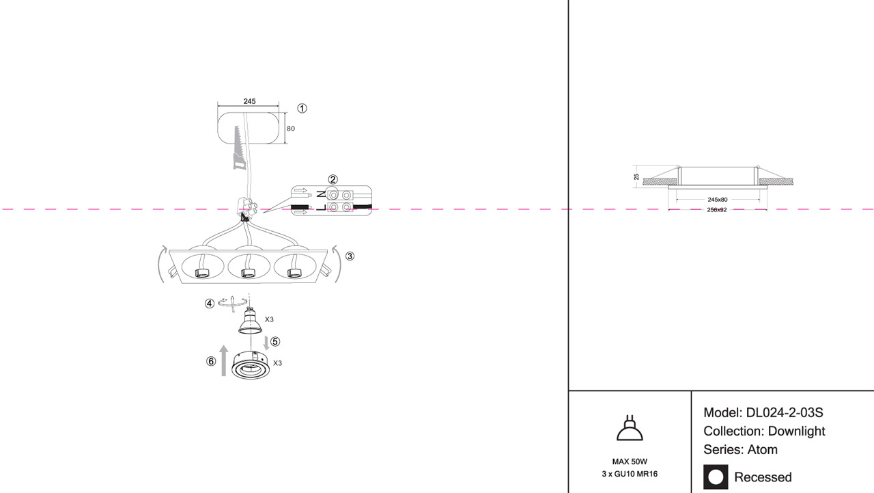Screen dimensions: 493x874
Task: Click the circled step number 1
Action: [302, 108]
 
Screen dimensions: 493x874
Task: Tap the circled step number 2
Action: [333, 180]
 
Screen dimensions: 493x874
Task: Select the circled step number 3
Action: [350, 256]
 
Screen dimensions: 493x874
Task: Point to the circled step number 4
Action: [210, 304]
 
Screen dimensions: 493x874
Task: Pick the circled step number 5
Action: [275, 341]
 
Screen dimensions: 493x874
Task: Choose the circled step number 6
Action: [211, 362]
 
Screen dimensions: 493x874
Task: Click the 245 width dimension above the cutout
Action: [249, 101]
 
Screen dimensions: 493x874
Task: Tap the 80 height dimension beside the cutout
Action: [291, 129]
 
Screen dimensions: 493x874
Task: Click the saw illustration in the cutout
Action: [238, 147]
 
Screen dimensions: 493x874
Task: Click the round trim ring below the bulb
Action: [251, 366]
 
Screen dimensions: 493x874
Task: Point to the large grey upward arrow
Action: [225, 360]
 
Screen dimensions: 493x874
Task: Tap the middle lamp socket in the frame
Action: [248, 273]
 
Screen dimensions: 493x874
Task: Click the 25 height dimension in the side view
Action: [636, 176]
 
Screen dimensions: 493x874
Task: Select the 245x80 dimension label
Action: [718, 200]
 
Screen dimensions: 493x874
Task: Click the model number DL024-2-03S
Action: [785, 413]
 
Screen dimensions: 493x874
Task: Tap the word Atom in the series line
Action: [763, 450]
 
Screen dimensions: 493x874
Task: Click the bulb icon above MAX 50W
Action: [630, 428]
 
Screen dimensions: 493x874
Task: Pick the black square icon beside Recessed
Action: [716, 477]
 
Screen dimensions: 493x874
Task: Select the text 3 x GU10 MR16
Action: [630, 474]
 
